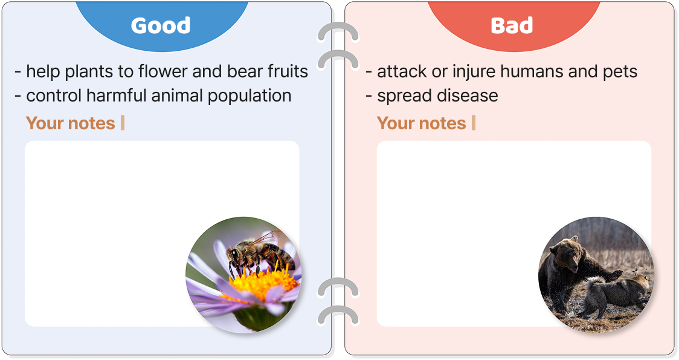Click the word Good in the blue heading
click(x=161, y=25)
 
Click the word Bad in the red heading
click(x=512, y=25)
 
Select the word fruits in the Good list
click(x=288, y=71)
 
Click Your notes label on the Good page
click(x=71, y=123)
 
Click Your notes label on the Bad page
click(x=421, y=123)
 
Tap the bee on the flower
click(x=258, y=255)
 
